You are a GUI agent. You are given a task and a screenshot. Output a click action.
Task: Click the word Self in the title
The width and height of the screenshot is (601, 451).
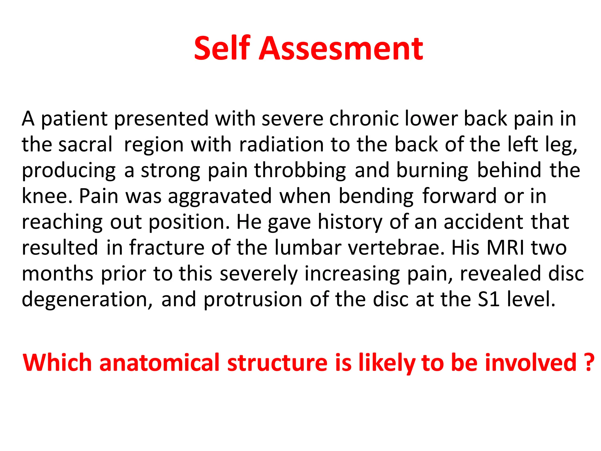coord(222,48)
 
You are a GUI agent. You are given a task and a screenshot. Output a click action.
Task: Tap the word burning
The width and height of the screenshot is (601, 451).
coord(432,170)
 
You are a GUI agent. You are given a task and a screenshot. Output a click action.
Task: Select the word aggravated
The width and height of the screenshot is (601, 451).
coord(220,196)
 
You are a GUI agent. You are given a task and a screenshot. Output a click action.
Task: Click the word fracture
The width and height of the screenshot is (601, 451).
coord(167,248)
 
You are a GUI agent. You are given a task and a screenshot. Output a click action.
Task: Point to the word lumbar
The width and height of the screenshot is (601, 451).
coord(308,248)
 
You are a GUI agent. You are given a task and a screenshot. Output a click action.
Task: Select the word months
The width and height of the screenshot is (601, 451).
coord(58,274)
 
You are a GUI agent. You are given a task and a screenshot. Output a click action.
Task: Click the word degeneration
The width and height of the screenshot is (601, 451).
coord(87,299)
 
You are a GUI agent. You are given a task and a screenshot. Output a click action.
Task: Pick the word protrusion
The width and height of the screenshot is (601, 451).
coord(253,299)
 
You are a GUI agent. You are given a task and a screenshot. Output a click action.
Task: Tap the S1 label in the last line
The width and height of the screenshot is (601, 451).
coord(489,299)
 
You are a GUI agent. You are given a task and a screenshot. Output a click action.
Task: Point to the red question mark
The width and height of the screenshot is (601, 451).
coord(588,363)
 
